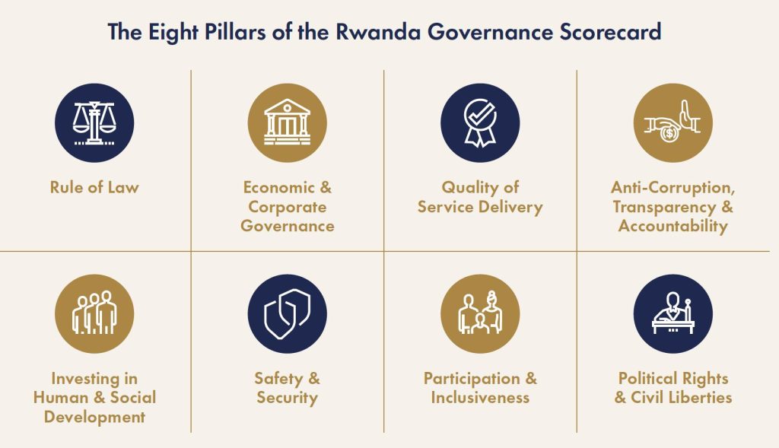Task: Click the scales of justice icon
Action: (94, 122)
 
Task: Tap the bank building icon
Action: (287, 122)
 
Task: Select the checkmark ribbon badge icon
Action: (480, 122)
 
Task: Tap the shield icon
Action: (287, 314)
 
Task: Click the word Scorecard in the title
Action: (611, 31)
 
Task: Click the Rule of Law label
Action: (94, 187)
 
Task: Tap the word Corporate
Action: (287, 207)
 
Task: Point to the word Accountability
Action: (672, 227)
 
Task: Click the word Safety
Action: (278, 379)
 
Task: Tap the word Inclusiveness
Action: (480, 397)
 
